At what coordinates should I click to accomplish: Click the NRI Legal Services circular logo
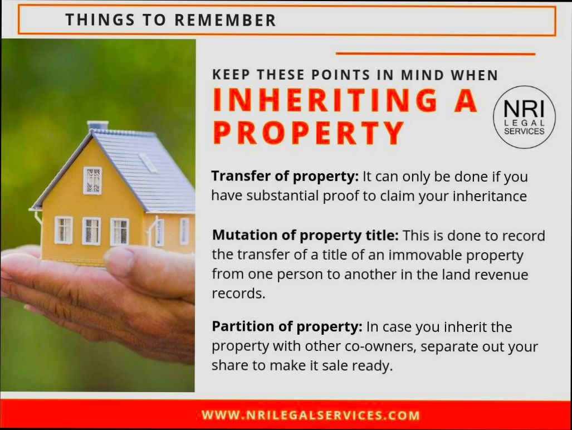(524, 117)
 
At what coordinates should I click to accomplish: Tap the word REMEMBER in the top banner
(226, 20)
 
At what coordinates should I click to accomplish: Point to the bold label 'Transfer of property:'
(285, 177)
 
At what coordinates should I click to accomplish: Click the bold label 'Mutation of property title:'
(305, 235)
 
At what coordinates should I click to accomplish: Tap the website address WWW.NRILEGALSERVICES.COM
(311, 415)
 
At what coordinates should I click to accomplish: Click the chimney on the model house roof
(97, 125)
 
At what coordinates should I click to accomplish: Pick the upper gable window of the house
(92, 180)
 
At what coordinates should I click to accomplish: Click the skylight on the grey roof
(148, 162)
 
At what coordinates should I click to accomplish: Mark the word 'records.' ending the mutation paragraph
(238, 294)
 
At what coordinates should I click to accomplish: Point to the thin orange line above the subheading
(436, 54)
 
